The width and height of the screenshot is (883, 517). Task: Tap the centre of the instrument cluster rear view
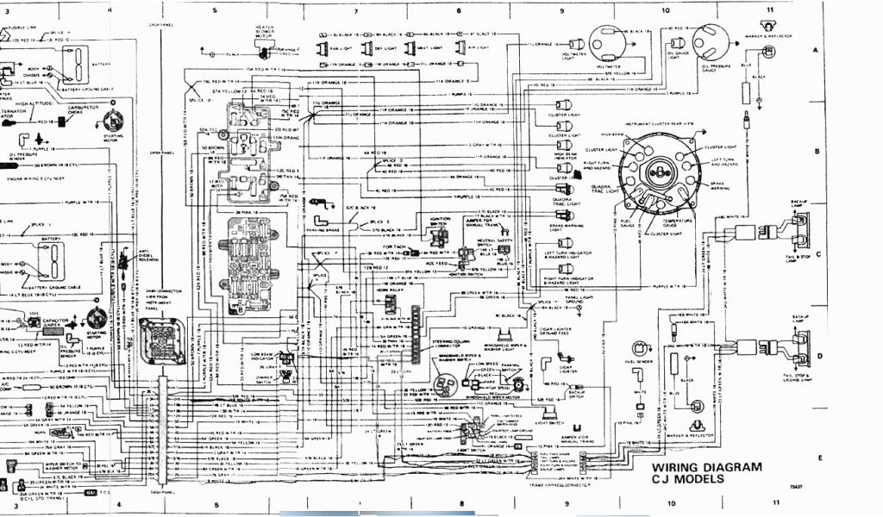(661, 171)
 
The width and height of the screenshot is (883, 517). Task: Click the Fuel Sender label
(639, 362)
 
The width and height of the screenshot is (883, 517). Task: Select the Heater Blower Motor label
(264, 32)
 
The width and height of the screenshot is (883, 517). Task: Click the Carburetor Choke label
(85, 109)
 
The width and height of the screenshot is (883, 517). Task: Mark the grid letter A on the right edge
(815, 51)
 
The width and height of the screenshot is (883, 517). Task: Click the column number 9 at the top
(562, 10)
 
